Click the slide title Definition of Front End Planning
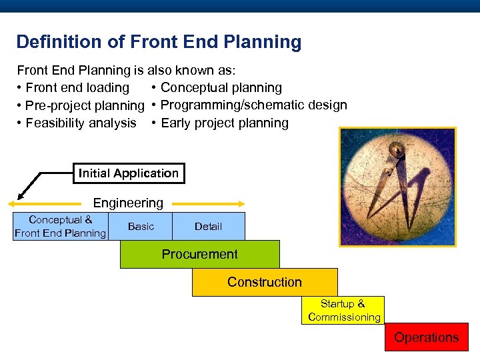click(x=159, y=42)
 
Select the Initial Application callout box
click(x=129, y=173)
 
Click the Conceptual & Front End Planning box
click(x=60, y=226)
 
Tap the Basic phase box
click(x=141, y=226)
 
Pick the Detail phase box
click(x=208, y=226)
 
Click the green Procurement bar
click(x=199, y=254)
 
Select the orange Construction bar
click(x=265, y=282)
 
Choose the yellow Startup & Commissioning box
click(x=344, y=310)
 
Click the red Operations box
click(x=426, y=337)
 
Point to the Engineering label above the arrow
click(x=128, y=203)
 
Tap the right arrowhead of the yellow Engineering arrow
click(x=241, y=204)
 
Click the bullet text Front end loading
click(x=77, y=88)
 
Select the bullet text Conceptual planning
click(x=221, y=88)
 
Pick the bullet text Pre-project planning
click(x=85, y=105)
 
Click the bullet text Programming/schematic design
click(x=253, y=105)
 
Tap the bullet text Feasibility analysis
click(x=81, y=123)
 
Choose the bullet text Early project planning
click(x=225, y=123)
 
